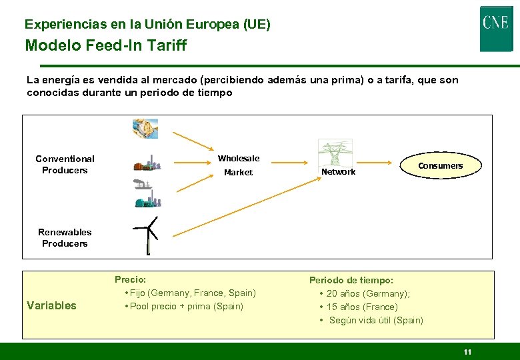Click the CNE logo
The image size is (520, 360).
496,28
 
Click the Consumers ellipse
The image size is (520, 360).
440,166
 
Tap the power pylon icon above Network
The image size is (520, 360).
335,153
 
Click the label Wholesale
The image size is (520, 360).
239,159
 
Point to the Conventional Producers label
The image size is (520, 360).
65,164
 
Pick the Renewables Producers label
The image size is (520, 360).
65,237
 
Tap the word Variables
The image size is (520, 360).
51,305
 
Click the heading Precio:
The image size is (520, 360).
130,280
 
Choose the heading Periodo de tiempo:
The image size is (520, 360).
351,281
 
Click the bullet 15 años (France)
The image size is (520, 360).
361,307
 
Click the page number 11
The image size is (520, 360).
467,351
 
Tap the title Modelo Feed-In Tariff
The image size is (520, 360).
106,45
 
